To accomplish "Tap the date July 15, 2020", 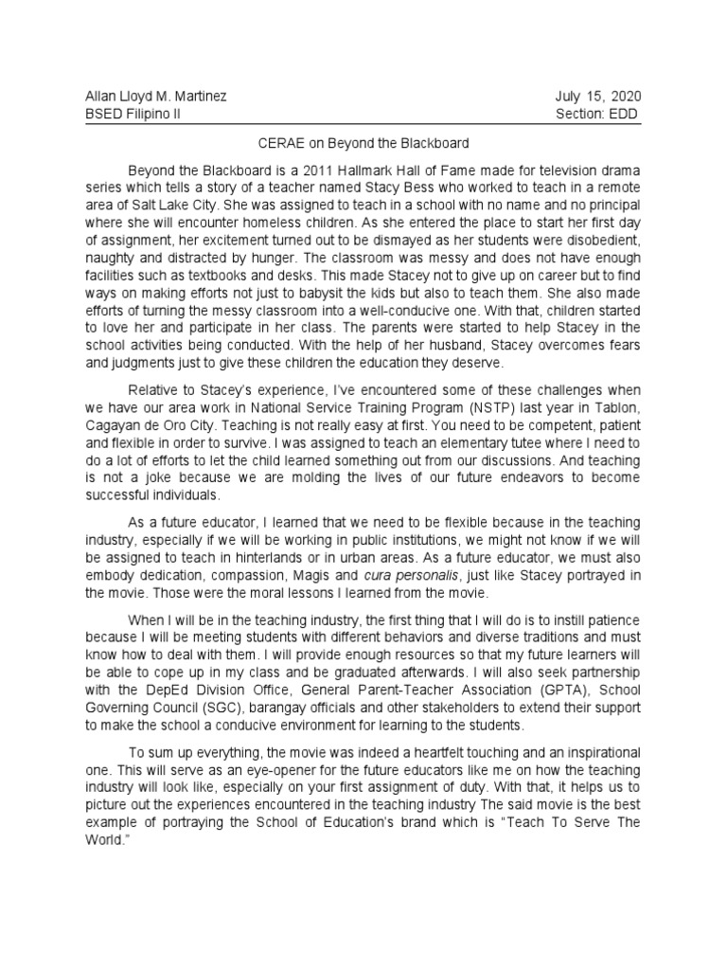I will tap(598, 97).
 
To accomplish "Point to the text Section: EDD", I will tap(597, 114).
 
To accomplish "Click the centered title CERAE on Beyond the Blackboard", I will tap(363, 143).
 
